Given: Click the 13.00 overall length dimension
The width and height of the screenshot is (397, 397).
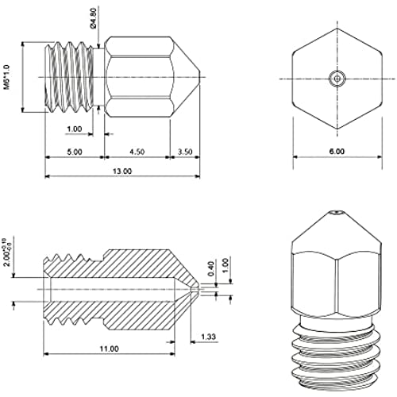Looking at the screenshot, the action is [x=122, y=172].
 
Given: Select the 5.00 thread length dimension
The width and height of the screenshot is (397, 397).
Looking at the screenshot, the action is [x=75, y=152].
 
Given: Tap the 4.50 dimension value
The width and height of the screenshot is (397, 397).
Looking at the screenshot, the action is [x=137, y=152].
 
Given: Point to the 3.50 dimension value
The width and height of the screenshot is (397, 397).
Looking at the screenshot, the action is [x=185, y=152].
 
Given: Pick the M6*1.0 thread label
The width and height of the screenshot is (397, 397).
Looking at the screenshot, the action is [x=6, y=77].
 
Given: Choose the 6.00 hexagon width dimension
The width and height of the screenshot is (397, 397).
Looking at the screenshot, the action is [x=337, y=152].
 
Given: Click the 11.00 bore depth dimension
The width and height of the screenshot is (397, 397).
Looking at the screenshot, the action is [x=109, y=349].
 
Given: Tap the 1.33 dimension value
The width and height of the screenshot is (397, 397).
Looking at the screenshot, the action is [x=208, y=337].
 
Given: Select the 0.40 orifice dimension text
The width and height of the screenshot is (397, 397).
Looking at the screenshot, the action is [x=211, y=268].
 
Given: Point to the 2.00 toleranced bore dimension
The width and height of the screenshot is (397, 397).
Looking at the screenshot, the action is [x=6, y=252].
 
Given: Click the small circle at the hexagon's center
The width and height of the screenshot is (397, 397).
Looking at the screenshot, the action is [x=337, y=79].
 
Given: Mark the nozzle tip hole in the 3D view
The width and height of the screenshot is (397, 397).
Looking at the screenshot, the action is [x=337, y=212].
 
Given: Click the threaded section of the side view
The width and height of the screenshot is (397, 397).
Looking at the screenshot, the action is [x=69, y=77].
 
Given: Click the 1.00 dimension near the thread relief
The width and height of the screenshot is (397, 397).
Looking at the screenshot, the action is [x=75, y=129].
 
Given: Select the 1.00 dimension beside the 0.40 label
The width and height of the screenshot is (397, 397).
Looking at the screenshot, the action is [x=225, y=267].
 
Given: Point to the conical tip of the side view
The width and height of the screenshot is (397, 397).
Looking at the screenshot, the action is [x=186, y=77].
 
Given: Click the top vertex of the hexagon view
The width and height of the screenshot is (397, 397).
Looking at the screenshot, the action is [x=337, y=29].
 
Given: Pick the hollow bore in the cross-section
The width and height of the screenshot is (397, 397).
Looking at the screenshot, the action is [x=111, y=289].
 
